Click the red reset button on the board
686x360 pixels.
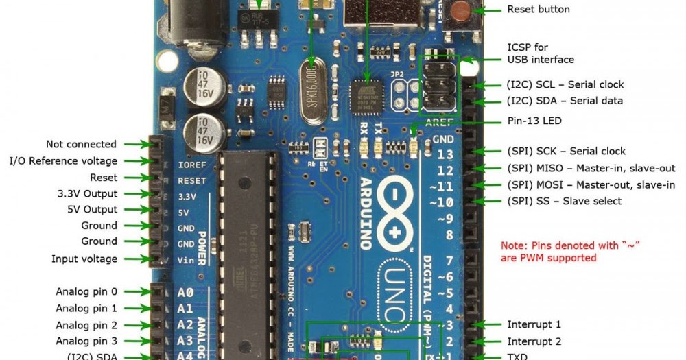point(462,11)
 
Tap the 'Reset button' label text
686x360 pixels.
point(539,10)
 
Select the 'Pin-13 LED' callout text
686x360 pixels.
point(535,121)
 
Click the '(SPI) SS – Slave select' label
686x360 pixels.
point(564,201)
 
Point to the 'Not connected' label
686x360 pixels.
point(81,144)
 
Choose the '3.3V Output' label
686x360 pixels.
point(87,193)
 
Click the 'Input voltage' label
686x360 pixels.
point(84,259)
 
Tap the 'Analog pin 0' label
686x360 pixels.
point(86,291)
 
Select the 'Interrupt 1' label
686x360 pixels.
point(534,324)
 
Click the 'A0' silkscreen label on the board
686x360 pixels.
point(185,291)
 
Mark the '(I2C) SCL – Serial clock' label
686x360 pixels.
point(565,84)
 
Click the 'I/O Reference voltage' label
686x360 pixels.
point(63,160)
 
